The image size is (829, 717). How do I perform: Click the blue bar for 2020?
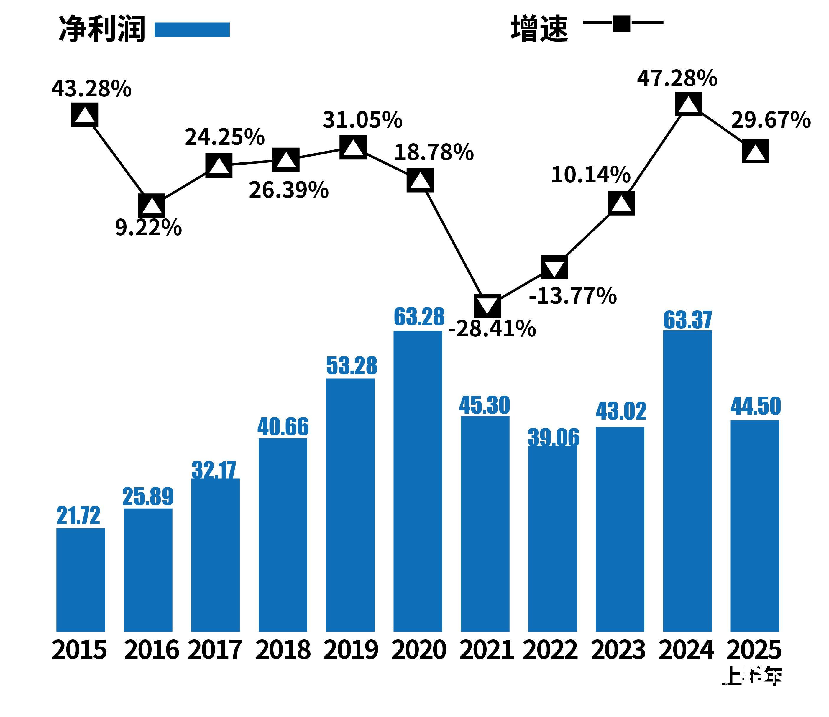[x=418, y=480]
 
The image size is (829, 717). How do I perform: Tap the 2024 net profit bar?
[x=687, y=480]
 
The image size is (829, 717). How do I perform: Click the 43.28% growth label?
[x=91, y=89]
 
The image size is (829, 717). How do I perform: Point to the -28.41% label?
[x=492, y=329]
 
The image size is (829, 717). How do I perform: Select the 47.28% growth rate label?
[x=677, y=78]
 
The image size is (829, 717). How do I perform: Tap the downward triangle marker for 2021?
[x=487, y=306]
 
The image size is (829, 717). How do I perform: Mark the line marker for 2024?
[x=688, y=104]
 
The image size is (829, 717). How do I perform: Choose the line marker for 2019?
[x=353, y=147]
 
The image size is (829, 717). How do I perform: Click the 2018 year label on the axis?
[x=283, y=650]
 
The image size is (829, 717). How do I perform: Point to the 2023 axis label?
[x=618, y=650]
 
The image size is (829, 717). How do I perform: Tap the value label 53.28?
[x=352, y=365]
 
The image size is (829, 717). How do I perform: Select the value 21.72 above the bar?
[x=78, y=515]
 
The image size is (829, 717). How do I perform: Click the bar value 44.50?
[x=755, y=406]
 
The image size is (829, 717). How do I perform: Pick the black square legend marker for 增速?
[x=621, y=23]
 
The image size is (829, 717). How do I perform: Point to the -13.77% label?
[x=572, y=296]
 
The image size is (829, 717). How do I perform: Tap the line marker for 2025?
[x=755, y=151]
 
